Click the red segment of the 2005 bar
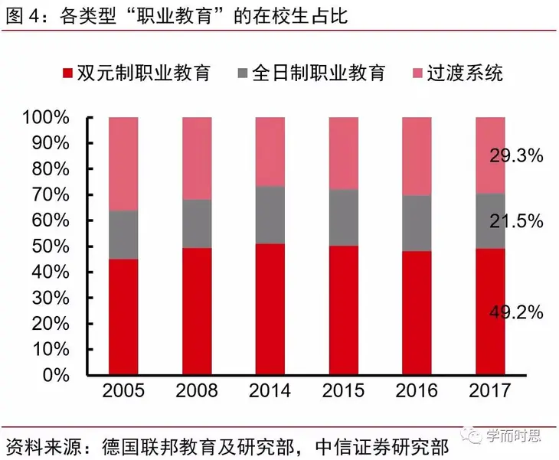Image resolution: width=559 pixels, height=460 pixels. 123,317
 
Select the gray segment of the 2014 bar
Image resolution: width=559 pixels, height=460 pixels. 270,215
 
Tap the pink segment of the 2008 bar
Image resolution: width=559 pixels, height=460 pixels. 197,158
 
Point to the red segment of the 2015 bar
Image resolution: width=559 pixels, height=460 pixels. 344,310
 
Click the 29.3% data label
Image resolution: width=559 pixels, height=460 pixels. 516,155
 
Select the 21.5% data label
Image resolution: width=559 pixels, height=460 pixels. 516,222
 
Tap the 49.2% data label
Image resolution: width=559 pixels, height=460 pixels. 516,312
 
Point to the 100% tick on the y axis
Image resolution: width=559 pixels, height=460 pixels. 47,118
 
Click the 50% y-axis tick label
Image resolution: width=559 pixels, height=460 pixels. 51,246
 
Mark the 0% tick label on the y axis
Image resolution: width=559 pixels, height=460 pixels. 56,375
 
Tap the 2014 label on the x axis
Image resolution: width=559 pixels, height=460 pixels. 270,391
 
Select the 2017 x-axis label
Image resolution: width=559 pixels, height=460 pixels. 490,391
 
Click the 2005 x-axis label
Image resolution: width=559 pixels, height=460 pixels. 123,391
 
